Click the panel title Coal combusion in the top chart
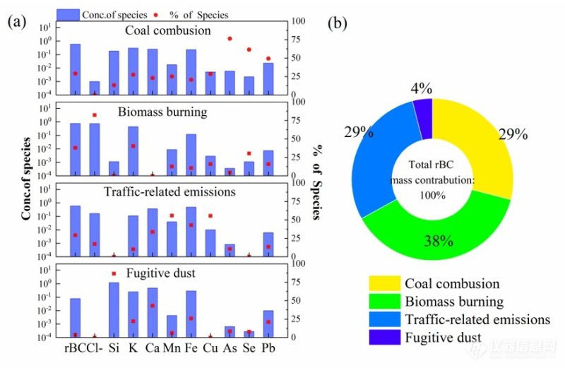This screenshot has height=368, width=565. (x=167, y=30)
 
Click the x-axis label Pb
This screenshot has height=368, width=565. (x=268, y=348)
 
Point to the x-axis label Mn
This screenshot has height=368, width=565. (x=172, y=348)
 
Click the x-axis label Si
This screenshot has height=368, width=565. (x=114, y=348)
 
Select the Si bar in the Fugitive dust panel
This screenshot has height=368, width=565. (x=114, y=309)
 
